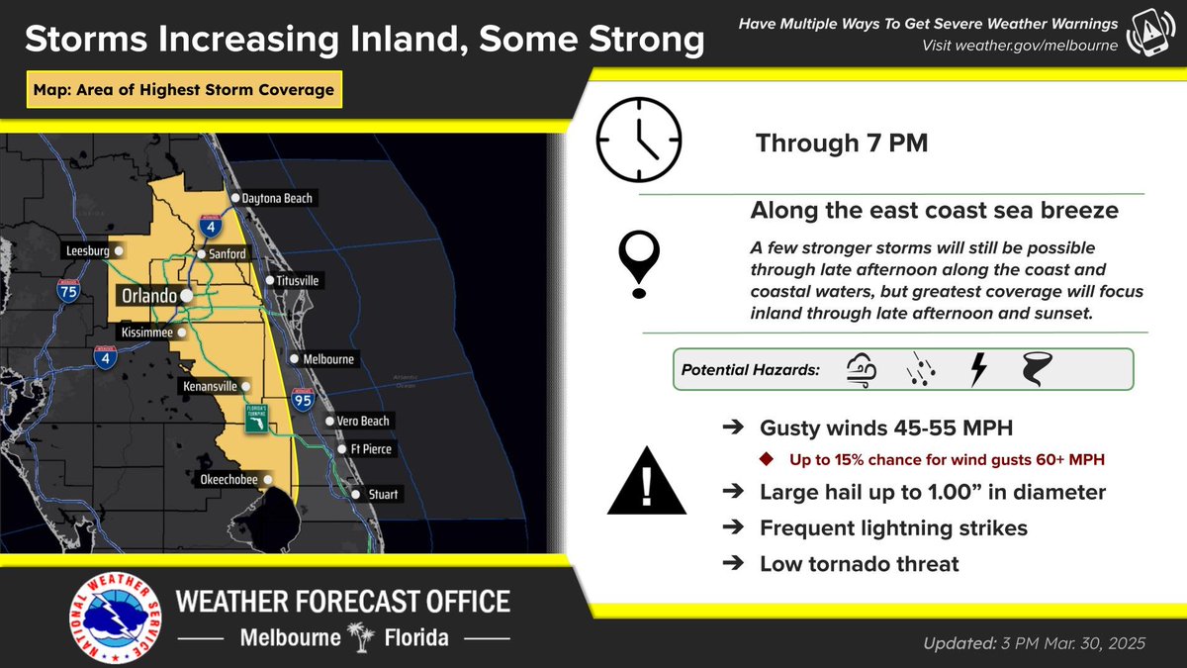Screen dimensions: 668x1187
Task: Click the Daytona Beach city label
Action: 277,199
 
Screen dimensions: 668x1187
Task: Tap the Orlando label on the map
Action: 148,296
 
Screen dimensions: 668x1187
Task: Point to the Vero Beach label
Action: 363,422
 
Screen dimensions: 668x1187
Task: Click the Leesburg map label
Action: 87,251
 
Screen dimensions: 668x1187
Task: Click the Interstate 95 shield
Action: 304,400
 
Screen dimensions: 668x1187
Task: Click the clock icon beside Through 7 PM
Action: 639,140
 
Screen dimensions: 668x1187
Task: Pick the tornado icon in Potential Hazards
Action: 1037,370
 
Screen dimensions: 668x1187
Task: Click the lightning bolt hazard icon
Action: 978,370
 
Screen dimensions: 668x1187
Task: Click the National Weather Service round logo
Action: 117,620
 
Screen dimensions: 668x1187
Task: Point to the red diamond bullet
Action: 767,459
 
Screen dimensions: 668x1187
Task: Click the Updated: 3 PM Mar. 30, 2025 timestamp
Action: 1033,643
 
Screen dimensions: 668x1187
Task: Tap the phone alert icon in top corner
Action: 1150,35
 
